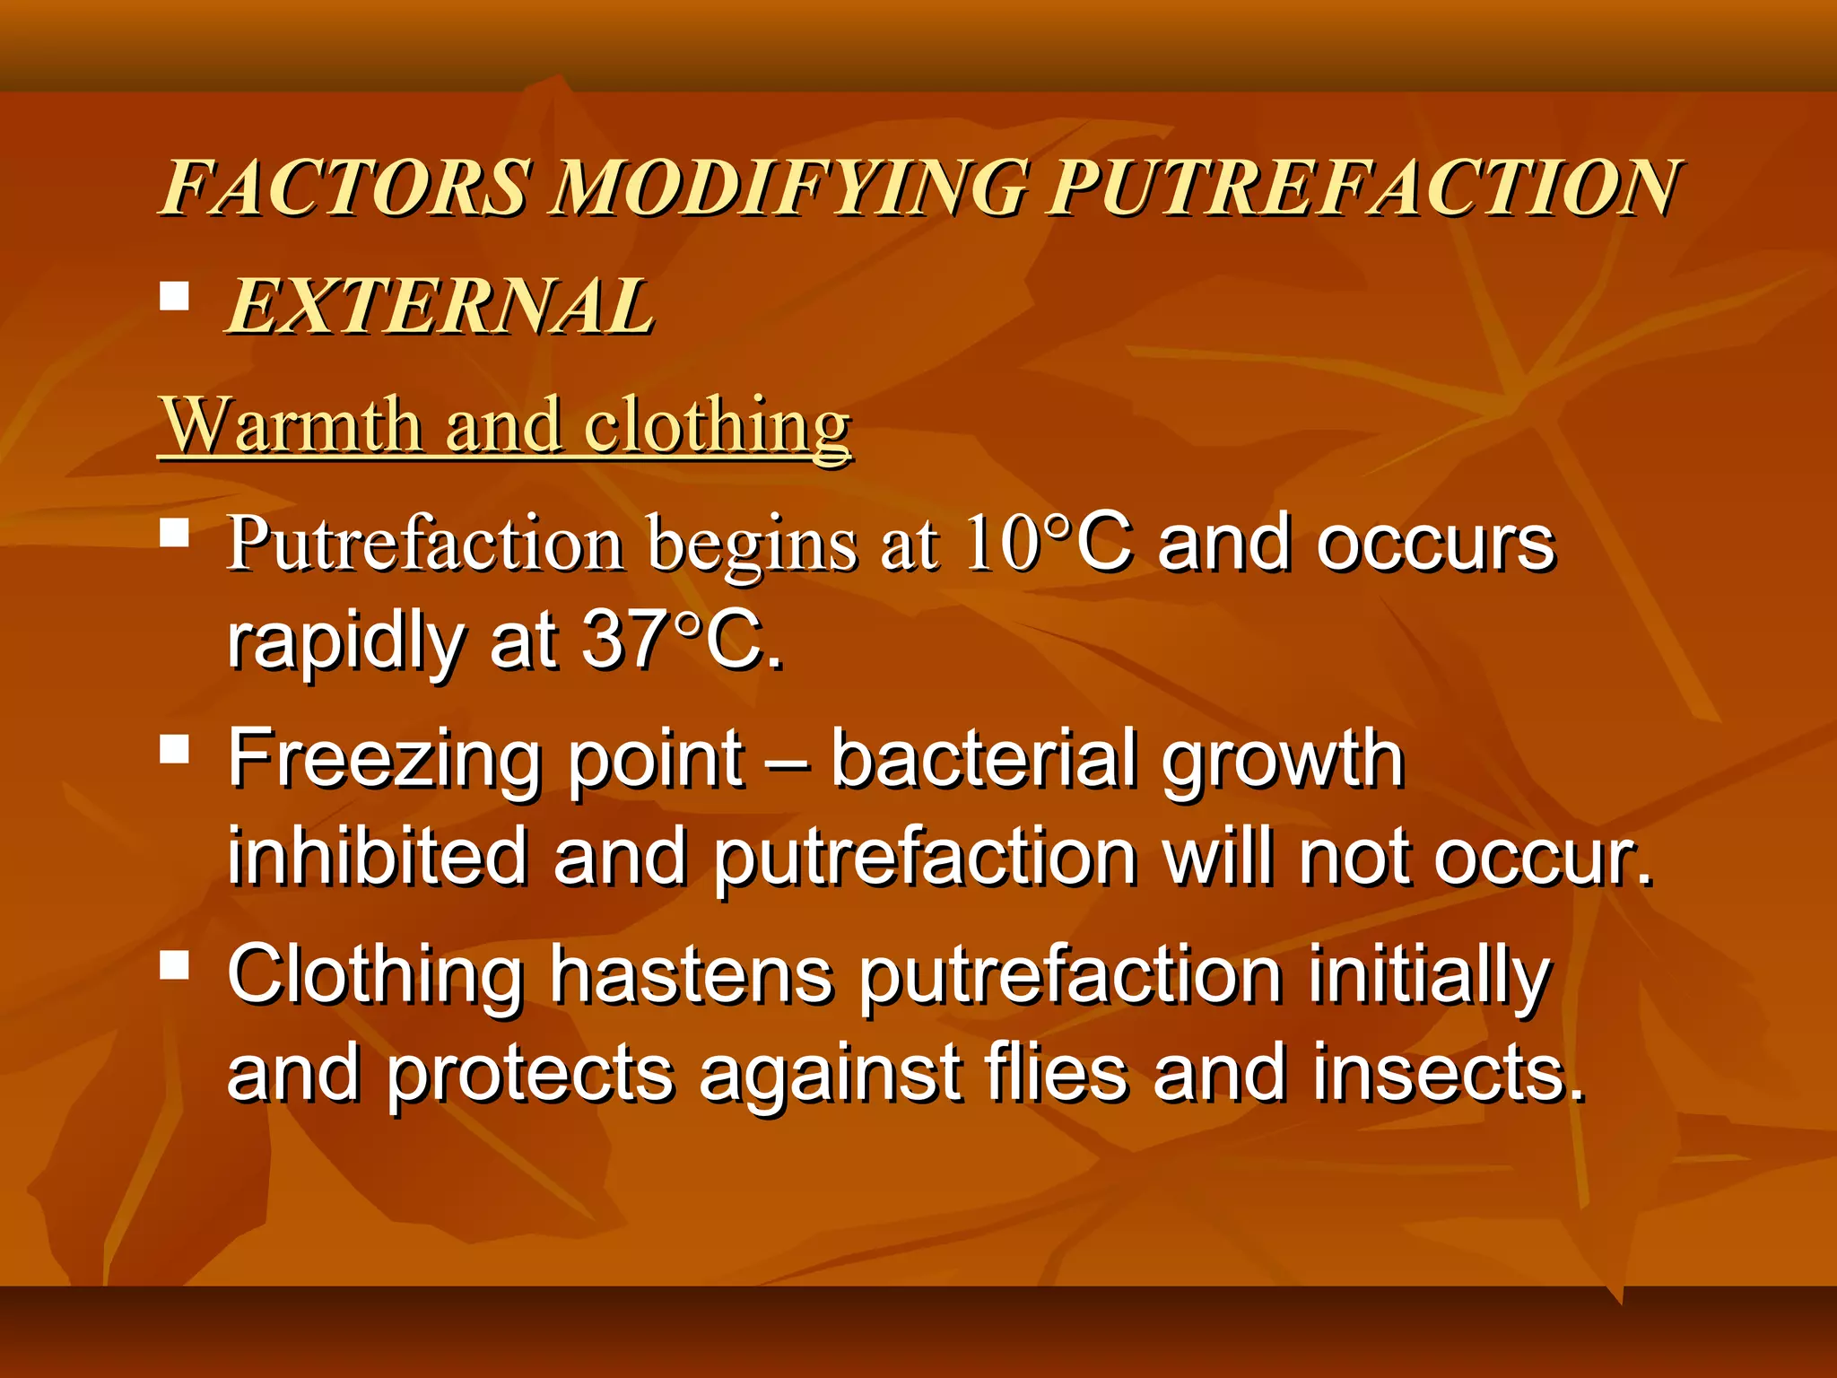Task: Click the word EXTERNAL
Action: (x=440, y=307)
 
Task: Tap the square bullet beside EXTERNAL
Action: (x=174, y=296)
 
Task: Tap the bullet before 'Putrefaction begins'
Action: (x=174, y=533)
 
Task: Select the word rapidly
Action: (x=345, y=642)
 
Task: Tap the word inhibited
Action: (x=377, y=856)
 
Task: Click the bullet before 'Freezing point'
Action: (x=174, y=748)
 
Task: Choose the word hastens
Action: (x=691, y=976)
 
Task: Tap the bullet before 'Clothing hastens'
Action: (x=174, y=965)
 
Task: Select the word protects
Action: (x=529, y=1075)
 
